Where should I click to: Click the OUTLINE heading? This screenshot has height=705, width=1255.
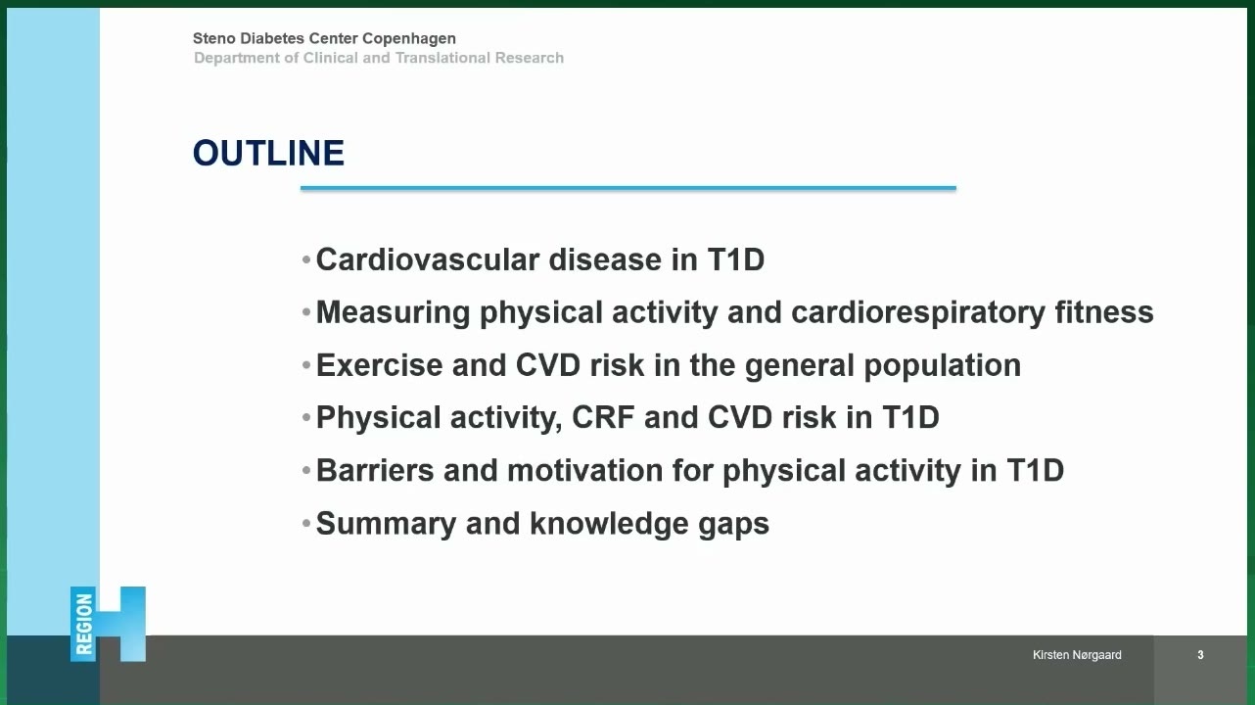coord(268,153)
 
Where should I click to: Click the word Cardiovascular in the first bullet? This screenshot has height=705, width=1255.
coord(428,259)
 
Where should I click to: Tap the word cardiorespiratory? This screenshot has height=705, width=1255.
coord(917,312)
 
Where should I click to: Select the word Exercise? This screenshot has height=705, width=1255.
coord(379,365)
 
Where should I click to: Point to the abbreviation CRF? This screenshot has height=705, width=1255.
coord(603,417)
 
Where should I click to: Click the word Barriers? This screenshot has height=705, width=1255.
coord(375,470)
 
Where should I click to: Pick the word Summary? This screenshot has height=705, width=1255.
coord(386,524)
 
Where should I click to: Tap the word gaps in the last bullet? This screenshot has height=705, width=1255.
coord(733,525)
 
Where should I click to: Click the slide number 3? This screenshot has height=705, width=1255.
coord(1200,654)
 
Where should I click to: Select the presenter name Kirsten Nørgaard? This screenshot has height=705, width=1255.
coord(1077,654)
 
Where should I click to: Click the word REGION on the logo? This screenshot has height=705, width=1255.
coord(83,624)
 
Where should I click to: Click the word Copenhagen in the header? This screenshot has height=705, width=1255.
coord(409,38)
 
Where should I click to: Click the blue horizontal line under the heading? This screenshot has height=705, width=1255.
coord(628,188)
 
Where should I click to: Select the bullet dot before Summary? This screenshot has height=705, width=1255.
coord(305,524)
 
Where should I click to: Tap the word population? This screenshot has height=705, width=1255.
coord(943,366)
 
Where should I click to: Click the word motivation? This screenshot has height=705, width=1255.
coord(585,470)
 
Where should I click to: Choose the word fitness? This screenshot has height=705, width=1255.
coord(1103,311)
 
